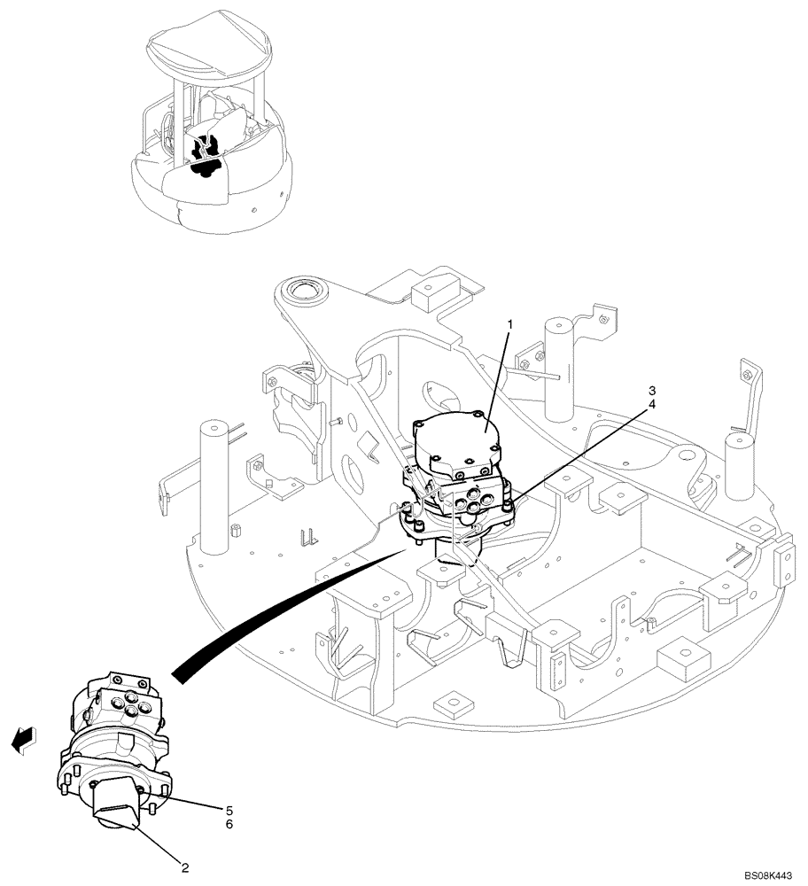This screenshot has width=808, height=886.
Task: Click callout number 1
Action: click(510, 325)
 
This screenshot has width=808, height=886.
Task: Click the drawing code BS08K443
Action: click(767, 875)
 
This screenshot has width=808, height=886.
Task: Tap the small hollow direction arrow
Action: click(25, 738)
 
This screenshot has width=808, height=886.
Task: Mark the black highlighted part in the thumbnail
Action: click(207, 155)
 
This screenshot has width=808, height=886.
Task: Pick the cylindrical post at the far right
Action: click(741, 470)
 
